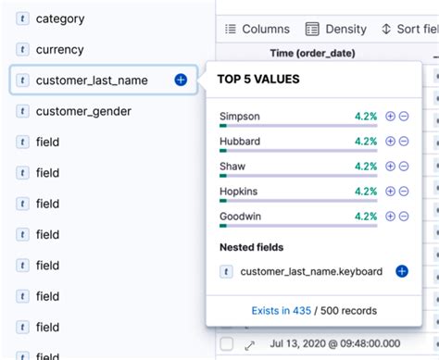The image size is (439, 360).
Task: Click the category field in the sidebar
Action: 59,19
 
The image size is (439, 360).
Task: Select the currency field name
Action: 59,50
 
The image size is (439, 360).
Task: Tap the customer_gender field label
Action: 82,111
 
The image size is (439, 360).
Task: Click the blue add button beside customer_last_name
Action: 181,81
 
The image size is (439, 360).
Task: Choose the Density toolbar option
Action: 336,29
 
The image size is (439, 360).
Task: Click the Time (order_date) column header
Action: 312,53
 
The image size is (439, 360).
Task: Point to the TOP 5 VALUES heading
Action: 258,79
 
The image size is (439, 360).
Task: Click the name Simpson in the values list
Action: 240,117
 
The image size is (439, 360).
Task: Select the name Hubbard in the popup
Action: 240,142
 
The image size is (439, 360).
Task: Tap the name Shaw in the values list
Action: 232,167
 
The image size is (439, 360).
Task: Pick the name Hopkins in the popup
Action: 240,192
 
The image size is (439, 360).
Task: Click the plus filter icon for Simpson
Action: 390,117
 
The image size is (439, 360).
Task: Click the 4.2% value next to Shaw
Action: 365,167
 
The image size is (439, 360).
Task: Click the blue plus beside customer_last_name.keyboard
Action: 402,271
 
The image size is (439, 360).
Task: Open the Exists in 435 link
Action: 281,310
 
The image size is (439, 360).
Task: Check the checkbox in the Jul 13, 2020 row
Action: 227,344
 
